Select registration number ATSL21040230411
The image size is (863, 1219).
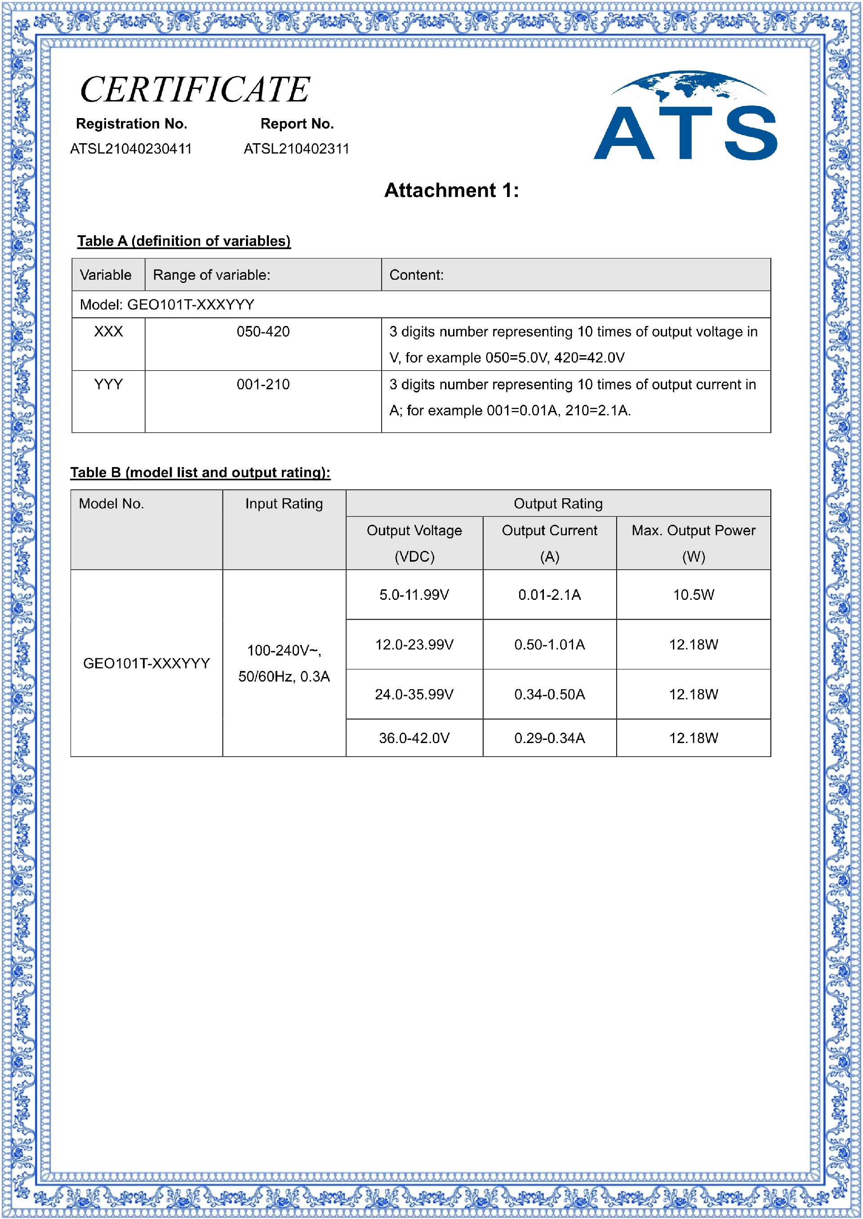pyautogui.click(x=131, y=149)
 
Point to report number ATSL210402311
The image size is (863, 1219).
pyautogui.click(x=296, y=149)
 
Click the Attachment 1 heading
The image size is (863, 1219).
pyautogui.click(x=451, y=190)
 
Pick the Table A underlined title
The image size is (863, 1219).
pyautogui.click(x=184, y=241)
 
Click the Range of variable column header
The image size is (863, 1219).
pyautogui.click(x=212, y=275)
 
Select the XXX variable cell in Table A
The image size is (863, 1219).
pyautogui.click(x=108, y=332)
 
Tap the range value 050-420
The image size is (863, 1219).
pyautogui.click(x=263, y=332)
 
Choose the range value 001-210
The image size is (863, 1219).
pyautogui.click(x=263, y=384)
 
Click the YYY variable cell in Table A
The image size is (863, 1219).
pyautogui.click(x=108, y=384)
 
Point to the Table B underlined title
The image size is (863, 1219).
pyautogui.click(x=200, y=472)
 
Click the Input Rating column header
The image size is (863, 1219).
pyautogui.click(x=284, y=504)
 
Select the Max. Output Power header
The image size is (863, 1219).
pyautogui.click(x=693, y=530)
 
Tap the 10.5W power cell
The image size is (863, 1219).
pyautogui.click(x=694, y=594)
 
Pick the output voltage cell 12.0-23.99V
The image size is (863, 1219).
pyautogui.click(x=414, y=645)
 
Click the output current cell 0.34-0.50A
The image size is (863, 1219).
pyautogui.click(x=549, y=695)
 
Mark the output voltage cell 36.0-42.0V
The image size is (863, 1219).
pyautogui.click(x=414, y=738)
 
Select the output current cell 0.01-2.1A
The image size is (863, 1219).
pyautogui.click(x=549, y=594)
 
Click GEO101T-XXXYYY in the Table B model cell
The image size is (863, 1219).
pyautogui.click(x=147, y=664)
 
